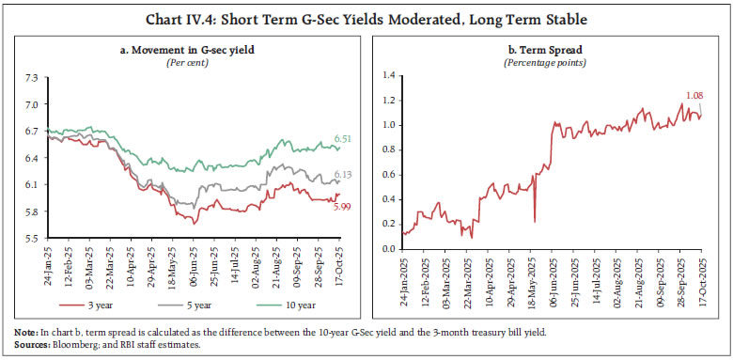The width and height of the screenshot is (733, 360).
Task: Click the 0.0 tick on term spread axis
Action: [x=382, y=249]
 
